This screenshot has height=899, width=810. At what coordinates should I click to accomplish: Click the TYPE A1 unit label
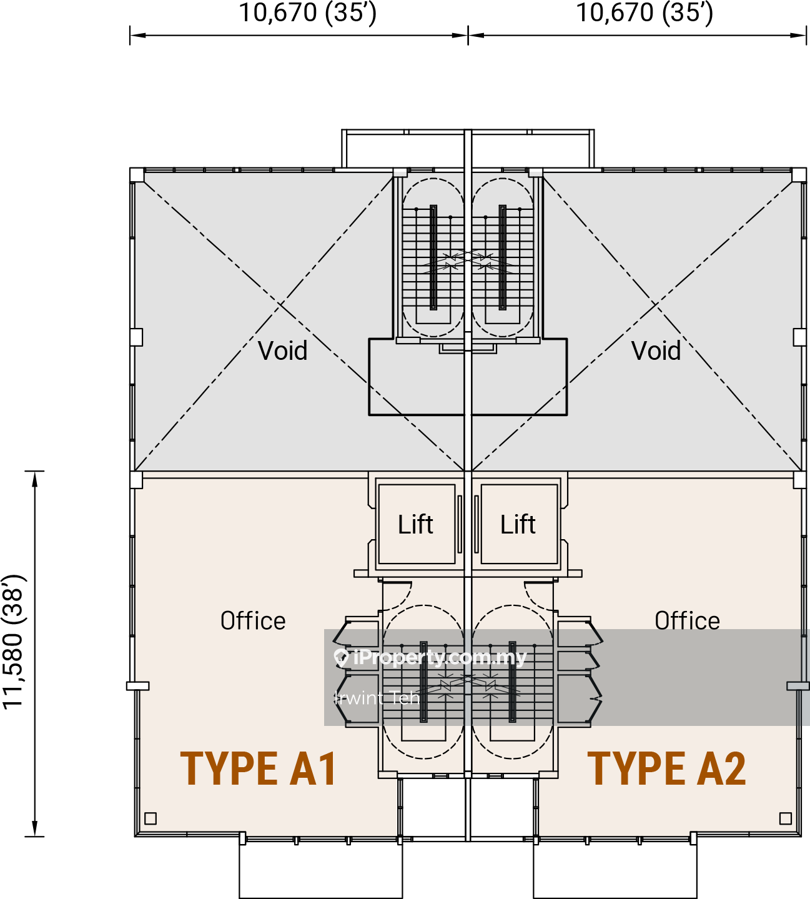pyautogui.click(x=259, y=768)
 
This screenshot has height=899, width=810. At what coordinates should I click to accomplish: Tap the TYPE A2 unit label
pyautogui.click(x=666, y=768)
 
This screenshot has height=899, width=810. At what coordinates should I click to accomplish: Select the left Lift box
pyautogui.click(x=416, y=524)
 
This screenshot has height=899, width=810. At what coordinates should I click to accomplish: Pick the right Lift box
pyautogui.click(x=518, y=524)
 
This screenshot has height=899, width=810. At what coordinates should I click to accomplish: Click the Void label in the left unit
pyautogui.click(x=283, y=351)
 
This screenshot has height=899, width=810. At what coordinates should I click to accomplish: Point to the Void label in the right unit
pyautogui.click(x=656, y=351)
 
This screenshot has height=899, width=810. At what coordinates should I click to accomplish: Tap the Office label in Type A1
pyautogui.click(x=253, y=621)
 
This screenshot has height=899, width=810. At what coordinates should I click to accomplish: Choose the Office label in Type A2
pyautogui.click(x=687, y=621)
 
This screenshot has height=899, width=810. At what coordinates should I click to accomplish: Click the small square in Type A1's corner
pyautogui.click(x=151, y=818)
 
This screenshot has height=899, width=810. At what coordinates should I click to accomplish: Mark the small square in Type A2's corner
pyautogui.click(x=786, y=818)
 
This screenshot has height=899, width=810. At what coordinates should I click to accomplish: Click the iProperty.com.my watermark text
pyautogui.click(x=440, y=657)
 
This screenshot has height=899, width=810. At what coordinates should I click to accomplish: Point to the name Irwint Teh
pyautogui.click(x=377, y=698)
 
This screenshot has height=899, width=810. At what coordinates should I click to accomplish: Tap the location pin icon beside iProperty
pyautogui.click(x=341, y=657)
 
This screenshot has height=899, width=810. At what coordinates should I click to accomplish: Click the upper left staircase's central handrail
pyautogui.click(x=433, y=257)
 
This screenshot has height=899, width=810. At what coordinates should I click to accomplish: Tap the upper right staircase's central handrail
pyautogui.click(x=503, y=257)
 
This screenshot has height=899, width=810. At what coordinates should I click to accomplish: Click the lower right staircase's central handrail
pyautogui.click(x=513, y=681)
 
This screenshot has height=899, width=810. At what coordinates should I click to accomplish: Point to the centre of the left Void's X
pyautogui.click(x=280, y=306)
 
